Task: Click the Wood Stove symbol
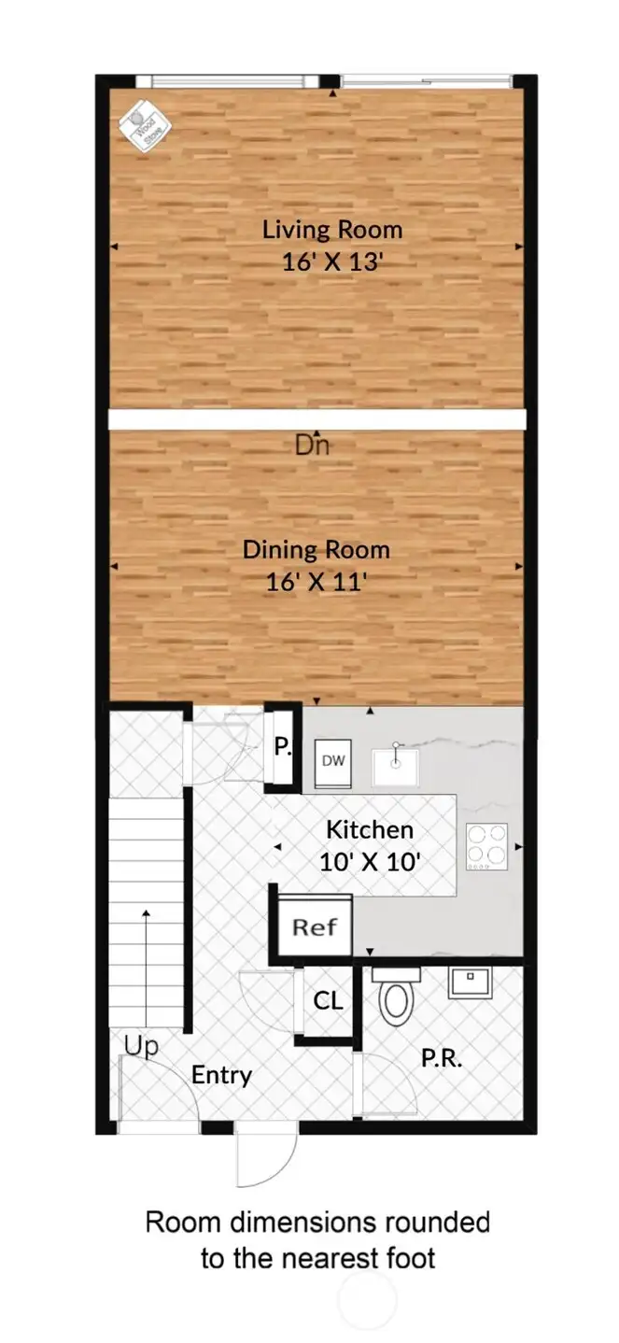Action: point(141,125)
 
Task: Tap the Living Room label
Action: point(331,230)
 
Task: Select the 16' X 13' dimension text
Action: point(333,262)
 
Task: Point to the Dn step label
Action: point(312,445)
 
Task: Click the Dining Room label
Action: point(316,549)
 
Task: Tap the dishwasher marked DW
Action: point(333,761)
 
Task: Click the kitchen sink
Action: point(396,764)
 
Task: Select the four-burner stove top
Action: point(486,846)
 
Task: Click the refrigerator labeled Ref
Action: point(315,926)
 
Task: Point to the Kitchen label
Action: point(369,829)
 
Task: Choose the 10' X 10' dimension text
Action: point(369,862)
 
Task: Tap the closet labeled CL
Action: point(328,1002)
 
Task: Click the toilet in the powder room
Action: point(396,997)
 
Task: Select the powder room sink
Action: point(470,982)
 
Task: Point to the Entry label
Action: point(221,1075)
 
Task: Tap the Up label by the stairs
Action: point(142,1047)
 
